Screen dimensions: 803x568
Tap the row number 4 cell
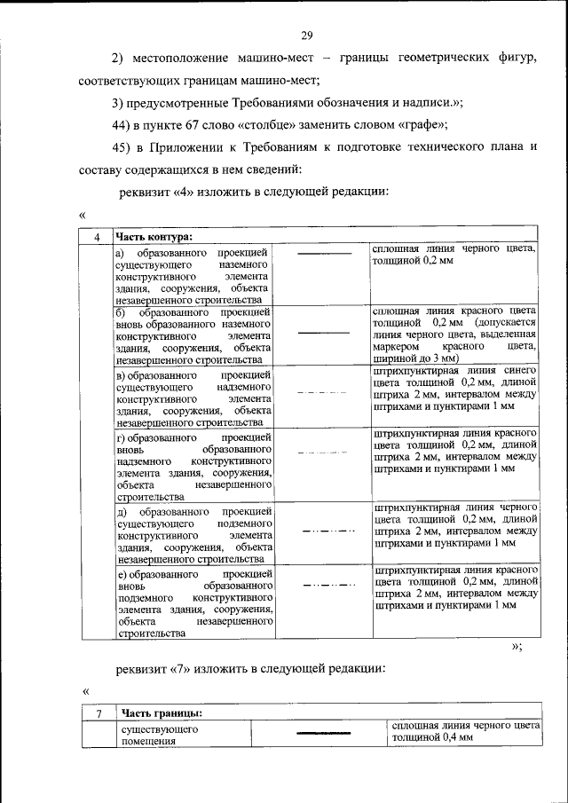coord(96,236)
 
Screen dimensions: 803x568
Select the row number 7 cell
coord(100,712)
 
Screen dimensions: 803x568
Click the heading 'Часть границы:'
coord(162,712)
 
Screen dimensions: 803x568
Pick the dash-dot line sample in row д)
coord(323,531)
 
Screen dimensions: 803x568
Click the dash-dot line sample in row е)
coord(323,586)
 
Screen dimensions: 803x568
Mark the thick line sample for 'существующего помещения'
coord(319,734)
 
